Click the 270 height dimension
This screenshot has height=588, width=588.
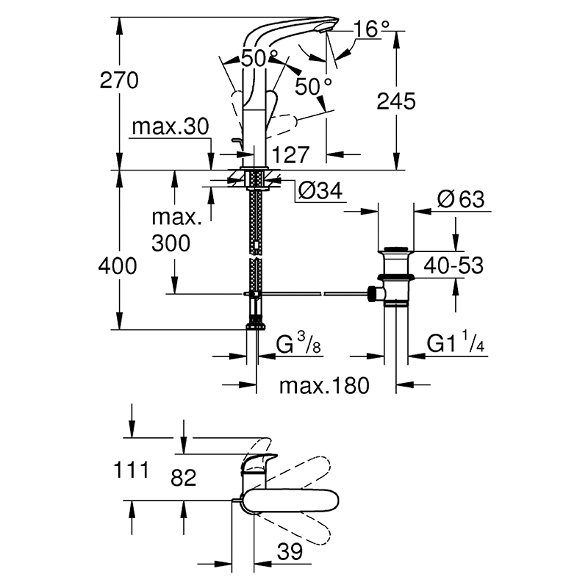coord(119,80)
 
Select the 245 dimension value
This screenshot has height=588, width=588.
coord(396,101)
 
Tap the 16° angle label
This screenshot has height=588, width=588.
coord(372,29)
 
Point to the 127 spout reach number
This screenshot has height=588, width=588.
coord(291,154)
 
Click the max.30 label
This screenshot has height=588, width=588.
coord(171,126)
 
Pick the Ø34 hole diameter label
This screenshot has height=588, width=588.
coord(320,190)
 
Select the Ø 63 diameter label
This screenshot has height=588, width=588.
coord(461,198)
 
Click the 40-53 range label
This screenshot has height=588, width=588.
coord(453,265)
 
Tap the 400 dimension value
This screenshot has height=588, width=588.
coord(118,266)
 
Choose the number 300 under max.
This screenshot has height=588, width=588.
coord(171,243)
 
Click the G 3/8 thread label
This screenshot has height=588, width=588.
coord(298,343)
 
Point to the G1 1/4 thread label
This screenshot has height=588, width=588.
coord(456,341)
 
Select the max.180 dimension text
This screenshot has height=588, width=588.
coord(324,385)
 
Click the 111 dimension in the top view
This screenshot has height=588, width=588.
coord(131,470)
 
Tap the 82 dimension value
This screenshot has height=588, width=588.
coord(183,478)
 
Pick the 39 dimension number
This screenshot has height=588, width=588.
coord(290,551)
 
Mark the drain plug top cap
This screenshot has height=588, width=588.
coord(396,248)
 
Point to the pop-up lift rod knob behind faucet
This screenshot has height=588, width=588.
coord(236,141)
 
